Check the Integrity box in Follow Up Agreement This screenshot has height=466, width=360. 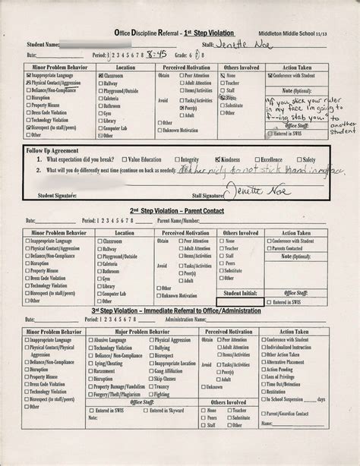pos(176,160)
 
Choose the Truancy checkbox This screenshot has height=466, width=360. pos(150,385)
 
